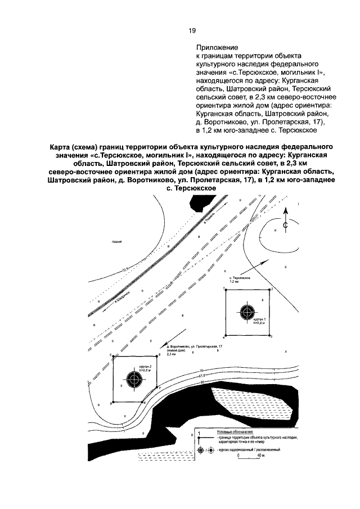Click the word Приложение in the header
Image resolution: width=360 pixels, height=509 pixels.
pyautogui.click(x=217, y=48)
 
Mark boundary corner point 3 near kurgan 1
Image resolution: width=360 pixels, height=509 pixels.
pyautogui.click(x=271, y=336)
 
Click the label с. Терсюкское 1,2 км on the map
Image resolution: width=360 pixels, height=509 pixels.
pyautogui.click(x=239, y=280)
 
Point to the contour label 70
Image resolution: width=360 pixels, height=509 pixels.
pyautogui.click(x=201, y=369)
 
